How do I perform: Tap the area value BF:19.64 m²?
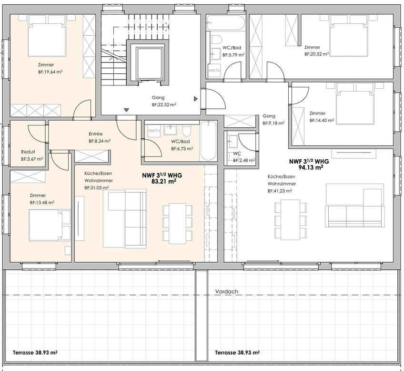(x=50, y=72)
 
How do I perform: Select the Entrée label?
(x=96, y=134)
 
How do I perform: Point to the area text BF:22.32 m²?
(x=164, y=104)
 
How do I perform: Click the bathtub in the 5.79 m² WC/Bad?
(x=226, y=23)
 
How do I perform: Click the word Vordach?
(x=226, y=291)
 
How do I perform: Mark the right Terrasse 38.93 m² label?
(x=237, y=353)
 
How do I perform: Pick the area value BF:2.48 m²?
(x=244, y=161)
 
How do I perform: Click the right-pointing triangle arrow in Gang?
(x=195, y=99)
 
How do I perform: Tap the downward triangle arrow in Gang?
(x=126, y=110)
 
